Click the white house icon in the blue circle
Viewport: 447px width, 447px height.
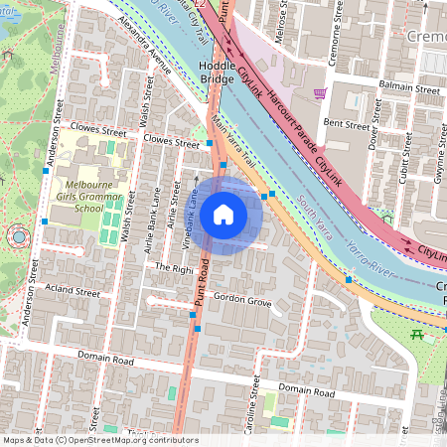(x=223, y=215)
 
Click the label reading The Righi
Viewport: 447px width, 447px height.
(x=170, y=268)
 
